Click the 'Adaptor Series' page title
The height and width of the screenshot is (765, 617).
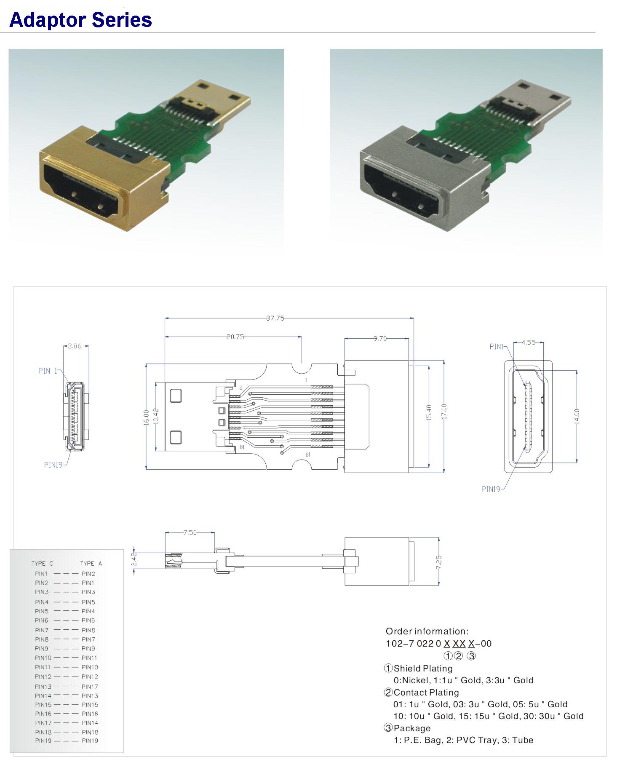pos(80,20)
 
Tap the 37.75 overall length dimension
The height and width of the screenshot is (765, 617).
pos(275,318)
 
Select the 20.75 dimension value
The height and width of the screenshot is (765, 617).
pos(235,337)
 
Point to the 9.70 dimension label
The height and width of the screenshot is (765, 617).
pos(380,338)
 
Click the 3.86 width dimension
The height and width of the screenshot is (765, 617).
pos(75,346)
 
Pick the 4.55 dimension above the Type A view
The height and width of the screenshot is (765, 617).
pos(529,342)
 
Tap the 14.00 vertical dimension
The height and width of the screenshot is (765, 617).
pos(577,416)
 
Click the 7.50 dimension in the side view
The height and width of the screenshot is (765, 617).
pos(190,532)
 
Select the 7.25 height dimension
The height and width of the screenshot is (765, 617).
pos(439,562)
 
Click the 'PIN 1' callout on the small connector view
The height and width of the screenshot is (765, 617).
pos(48,371)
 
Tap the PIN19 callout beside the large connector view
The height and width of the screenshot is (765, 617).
pos(491,489)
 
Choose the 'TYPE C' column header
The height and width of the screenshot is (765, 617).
pos(42,563)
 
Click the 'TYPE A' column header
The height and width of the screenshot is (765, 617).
pos(91,563)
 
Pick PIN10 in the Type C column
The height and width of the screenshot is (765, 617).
pos(43,658)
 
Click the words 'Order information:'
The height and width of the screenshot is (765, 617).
pos(427,631)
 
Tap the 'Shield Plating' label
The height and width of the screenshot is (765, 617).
pos(423,668)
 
